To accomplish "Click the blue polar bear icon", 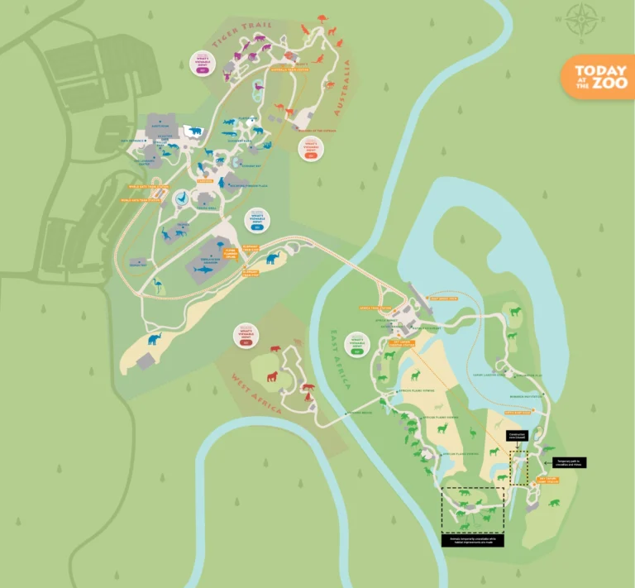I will [x=194, y=131].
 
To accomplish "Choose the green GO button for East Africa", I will [x=358, y=351].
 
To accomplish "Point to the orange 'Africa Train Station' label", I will [x=374, y=307].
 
